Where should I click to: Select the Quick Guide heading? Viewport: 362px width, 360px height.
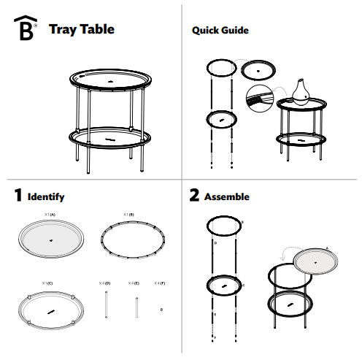pos(220,31)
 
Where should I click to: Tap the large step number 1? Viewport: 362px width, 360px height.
pos(17,196)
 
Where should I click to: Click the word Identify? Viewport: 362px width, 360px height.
pos(46,197)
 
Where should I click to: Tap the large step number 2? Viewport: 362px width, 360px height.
pos(194,196)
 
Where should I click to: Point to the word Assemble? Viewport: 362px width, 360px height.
pos(227,197)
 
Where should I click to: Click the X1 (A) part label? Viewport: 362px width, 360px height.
pos(50,214)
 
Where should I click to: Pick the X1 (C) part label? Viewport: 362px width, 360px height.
pos(47,282)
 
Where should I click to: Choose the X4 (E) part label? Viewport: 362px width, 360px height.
pos(134,282)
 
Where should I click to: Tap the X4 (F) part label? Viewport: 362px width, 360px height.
pos(160,282)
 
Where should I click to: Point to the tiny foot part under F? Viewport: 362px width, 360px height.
pos(161,310)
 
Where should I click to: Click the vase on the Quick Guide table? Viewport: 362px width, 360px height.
pos(300,90)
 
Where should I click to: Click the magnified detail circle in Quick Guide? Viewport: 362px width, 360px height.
pos(259,99)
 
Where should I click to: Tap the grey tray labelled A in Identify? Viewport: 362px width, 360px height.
pos(50,239)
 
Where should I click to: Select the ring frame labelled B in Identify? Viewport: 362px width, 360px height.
pos(132,239)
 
